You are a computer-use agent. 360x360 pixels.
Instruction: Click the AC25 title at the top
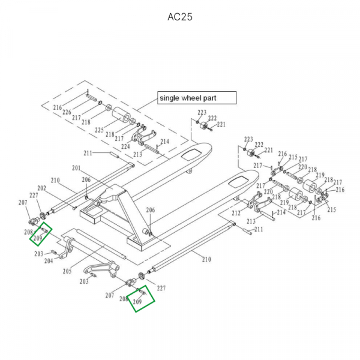click(179, 17)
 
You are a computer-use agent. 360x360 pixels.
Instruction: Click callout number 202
click(41, 188)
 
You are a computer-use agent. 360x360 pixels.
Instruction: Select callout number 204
click(49, 260)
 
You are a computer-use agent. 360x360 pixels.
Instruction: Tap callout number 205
click(67, 271)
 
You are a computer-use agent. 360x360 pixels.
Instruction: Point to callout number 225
click(99, 130)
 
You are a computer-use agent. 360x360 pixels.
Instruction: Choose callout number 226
click(67, 112)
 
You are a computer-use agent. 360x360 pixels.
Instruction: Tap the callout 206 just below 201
click(86, 179)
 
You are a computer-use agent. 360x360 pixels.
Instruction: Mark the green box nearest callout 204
click(41, 234)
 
